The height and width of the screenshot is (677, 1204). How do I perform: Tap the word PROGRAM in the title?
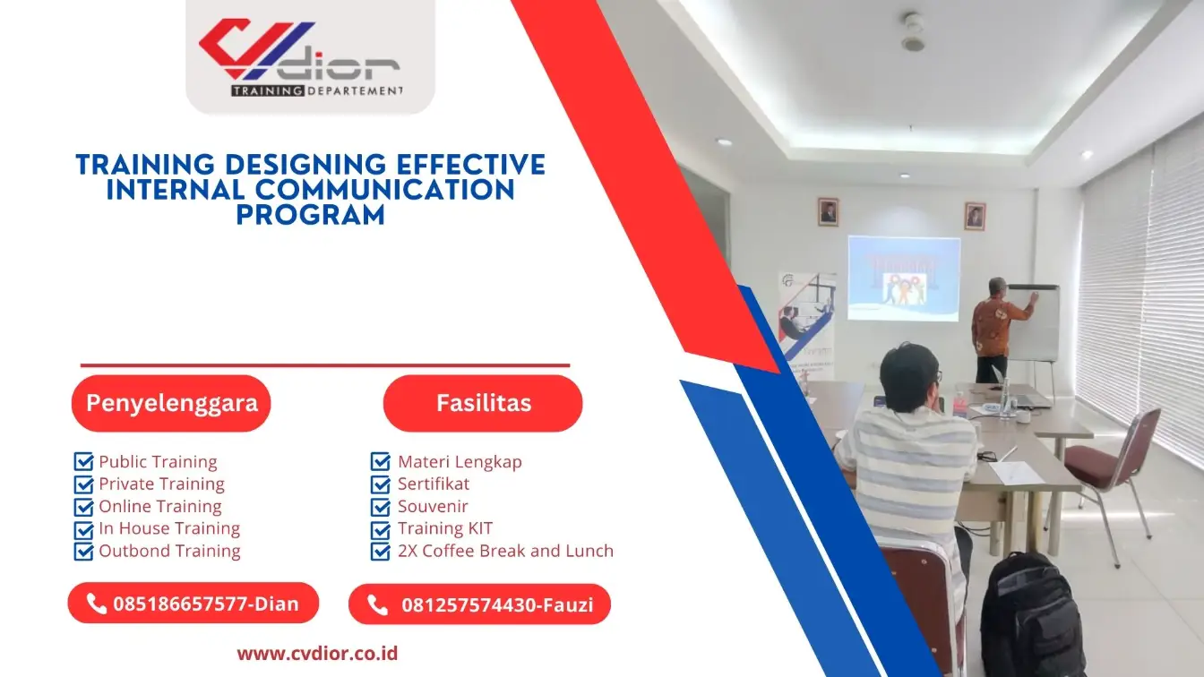[310, 215]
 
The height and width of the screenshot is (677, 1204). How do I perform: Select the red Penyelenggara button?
[171, 403]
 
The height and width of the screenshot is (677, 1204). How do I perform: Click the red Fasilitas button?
[483, 403]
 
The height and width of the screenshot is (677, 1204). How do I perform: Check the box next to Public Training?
[83, 462]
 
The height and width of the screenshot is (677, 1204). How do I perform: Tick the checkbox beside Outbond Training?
[83, 551]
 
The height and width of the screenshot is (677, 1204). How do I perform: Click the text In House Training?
[169, 528]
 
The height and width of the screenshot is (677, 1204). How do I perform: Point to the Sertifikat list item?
[434, 484]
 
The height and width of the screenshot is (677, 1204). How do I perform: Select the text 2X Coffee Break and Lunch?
[505, 551]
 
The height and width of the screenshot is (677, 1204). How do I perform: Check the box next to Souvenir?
[380, 506]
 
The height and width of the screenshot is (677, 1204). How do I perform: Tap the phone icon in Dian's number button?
[97, 604]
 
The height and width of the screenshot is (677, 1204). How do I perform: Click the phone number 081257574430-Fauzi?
[496, 604]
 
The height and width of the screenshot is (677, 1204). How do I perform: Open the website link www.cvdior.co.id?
[317, 653]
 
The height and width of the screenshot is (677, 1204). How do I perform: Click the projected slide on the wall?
[903, 278]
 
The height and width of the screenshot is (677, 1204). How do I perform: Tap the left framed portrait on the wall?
[828, 211]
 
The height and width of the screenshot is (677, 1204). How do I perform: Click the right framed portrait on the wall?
[975, 216]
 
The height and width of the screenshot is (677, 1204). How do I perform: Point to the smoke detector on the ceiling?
[913, 32]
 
